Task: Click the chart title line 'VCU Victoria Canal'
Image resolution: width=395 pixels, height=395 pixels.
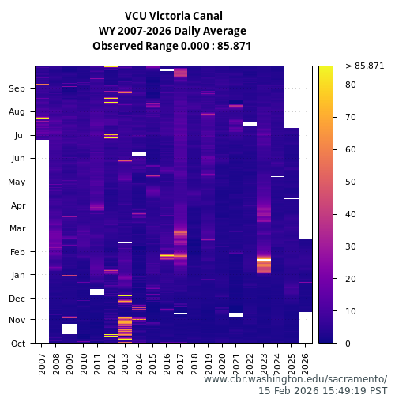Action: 174,16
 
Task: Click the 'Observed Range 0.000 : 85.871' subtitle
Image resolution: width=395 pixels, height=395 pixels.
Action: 174,46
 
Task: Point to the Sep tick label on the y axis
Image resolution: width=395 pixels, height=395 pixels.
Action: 17,89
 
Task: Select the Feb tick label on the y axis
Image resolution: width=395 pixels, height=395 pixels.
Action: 17,252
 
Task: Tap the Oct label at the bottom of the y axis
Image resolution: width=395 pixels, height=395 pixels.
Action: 17,344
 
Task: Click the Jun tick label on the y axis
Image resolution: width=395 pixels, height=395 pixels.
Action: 17,159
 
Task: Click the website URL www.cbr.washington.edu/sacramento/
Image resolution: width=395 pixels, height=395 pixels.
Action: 295,379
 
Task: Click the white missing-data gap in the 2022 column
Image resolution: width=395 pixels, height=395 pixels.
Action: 250,124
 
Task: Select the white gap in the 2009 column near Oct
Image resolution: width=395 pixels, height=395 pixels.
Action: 70,329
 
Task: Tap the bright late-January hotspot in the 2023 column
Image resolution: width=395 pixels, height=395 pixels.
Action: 264,259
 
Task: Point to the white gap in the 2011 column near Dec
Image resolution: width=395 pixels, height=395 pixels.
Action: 97,292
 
